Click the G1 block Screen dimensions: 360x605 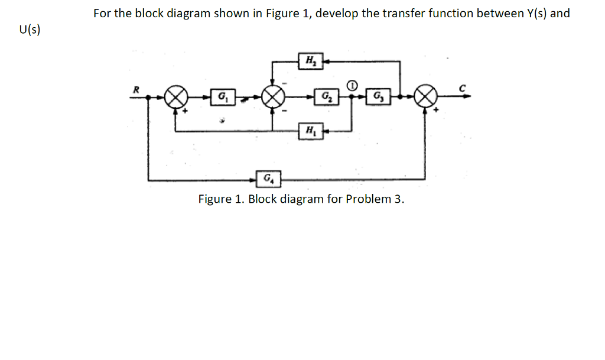222,96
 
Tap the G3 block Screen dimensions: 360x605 377,96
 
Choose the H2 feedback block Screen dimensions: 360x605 310,61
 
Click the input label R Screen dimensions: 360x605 136,88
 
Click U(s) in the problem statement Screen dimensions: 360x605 30,30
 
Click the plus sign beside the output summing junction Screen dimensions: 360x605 437,110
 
